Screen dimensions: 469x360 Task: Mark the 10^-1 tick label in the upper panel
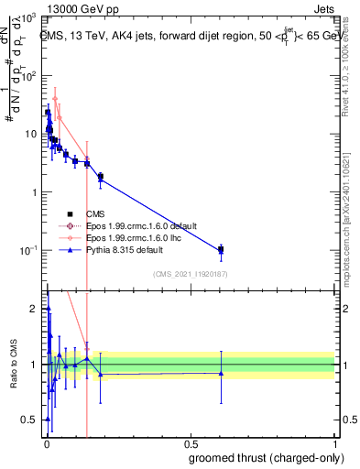27,251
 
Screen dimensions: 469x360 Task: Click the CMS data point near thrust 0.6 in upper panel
221,249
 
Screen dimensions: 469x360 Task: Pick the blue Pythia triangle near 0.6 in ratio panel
221,373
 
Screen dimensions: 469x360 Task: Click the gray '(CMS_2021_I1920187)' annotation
191,274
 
